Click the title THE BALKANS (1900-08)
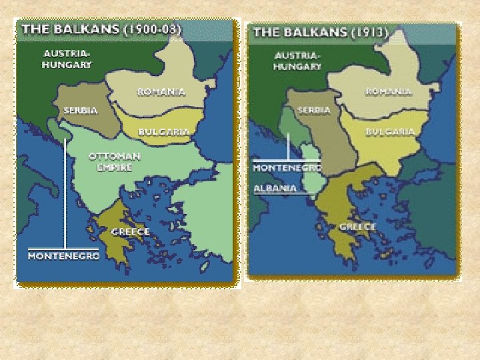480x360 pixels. pos(101,29)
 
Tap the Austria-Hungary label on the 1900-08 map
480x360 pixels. pos(67,59)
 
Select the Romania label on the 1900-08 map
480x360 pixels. pos(161,91)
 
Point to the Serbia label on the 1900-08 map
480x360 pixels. pos(81,110)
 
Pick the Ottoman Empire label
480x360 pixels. pos(115,161)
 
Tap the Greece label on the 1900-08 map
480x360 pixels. pos(130,232)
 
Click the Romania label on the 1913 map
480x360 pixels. pos(387,91)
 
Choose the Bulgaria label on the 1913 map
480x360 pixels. pos(390,132)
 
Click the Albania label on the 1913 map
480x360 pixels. pos(275,188)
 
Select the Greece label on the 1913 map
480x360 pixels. pos(358,227)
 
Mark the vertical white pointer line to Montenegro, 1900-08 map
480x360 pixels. pos(64,193)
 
